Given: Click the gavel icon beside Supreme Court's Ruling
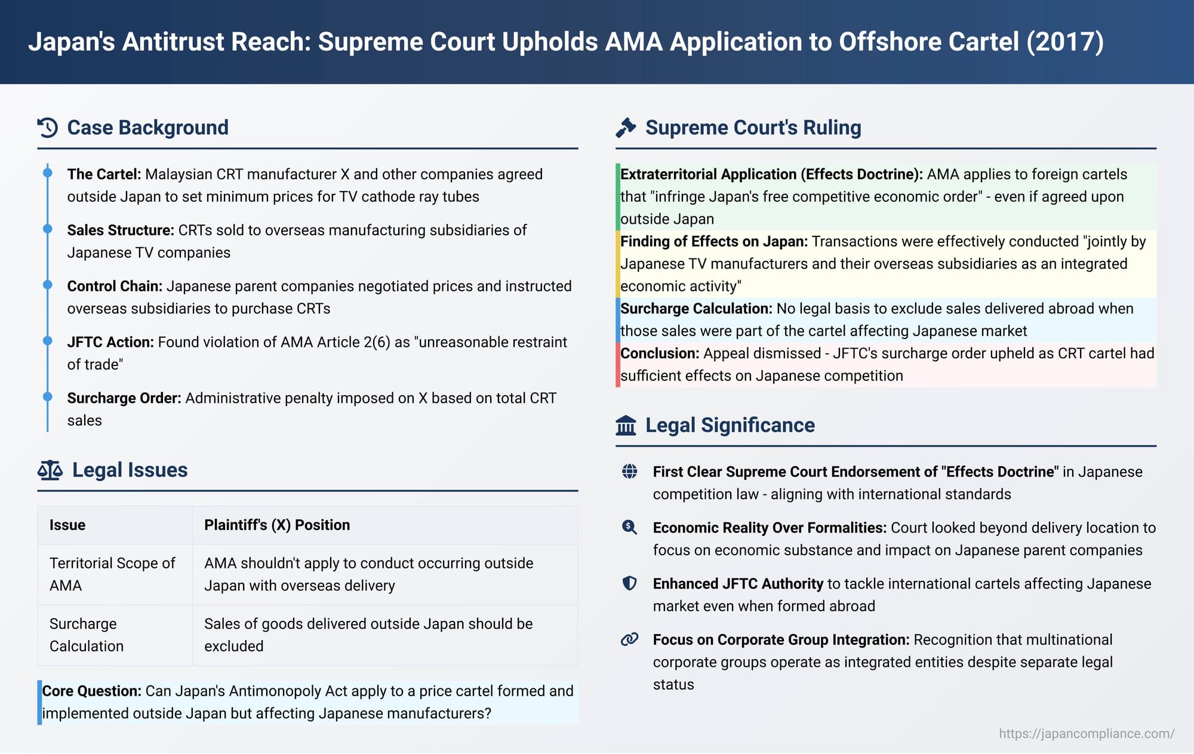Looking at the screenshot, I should pyautogui.click(x=626, y=128).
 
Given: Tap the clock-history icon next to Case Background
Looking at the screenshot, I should pyautogui.click(x=48, y=128).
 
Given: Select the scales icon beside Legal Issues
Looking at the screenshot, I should pyautogui.click(x=50, y=470).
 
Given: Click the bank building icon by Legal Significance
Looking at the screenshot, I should pyautogui.click(x=626, y=426).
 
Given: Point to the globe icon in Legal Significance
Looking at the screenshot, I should pyautogui.click(x=629, y=472).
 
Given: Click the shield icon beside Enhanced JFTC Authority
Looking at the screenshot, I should pyautogui.click(x=629, y=583).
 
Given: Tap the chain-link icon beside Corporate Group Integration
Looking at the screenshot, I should pyautogui.click(x=629, y=639).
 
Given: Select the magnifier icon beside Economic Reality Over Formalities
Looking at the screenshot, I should pyautogui.click(x=629, y=527).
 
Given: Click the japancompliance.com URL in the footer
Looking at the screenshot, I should pyautogui.click(x=1087, y=734).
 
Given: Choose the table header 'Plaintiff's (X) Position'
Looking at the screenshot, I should pyautogui.click(x=277, y=525).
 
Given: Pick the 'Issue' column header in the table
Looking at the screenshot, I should pyautogui.click(x=67, y=525).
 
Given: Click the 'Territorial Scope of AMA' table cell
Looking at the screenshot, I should pyautogui.click(x=112, y=574).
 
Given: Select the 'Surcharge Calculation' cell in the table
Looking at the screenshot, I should pyautogui.click(x=87, y=635).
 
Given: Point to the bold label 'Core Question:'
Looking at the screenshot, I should pyautogui.click(x=91, y=691).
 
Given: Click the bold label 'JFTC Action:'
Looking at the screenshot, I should pyautogui.click(x=110, y=342).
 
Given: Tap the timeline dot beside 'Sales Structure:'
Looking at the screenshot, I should pyautogui.click(x=48, y=229).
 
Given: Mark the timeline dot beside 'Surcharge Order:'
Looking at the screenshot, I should pyautogui.click(x=48, y=397).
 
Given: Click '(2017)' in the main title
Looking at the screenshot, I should pyautogui.click(x=1065, y=42).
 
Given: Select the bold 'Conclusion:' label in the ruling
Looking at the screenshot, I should pyautogui.click(x=660, y=353).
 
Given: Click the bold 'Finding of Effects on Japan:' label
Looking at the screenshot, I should pyautogui.click(x=714, y=241).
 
